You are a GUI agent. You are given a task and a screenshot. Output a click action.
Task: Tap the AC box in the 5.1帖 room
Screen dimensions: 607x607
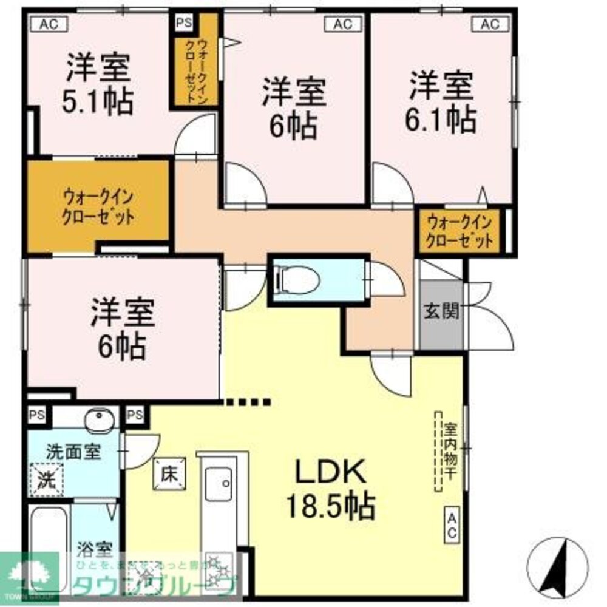click(49, 24)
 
